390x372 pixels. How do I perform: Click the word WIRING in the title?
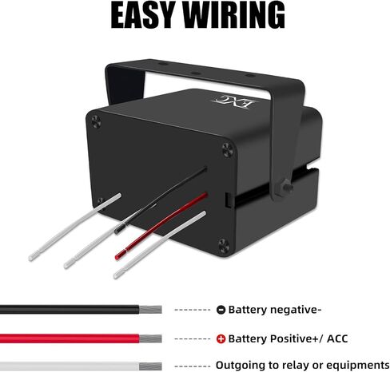235,15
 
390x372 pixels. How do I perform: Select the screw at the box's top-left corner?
96,121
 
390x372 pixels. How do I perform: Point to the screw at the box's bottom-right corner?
224,245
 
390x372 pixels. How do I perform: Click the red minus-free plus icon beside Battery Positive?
221,339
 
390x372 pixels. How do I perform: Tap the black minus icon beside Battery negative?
221,310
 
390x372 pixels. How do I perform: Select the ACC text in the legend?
337,338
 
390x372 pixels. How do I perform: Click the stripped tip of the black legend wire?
150,310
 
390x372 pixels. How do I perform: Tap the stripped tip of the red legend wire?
150,338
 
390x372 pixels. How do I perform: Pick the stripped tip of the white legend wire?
150,366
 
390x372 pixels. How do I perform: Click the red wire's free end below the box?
117,257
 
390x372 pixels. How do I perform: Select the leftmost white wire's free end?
31,258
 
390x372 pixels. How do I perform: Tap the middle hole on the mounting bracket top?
195,73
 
